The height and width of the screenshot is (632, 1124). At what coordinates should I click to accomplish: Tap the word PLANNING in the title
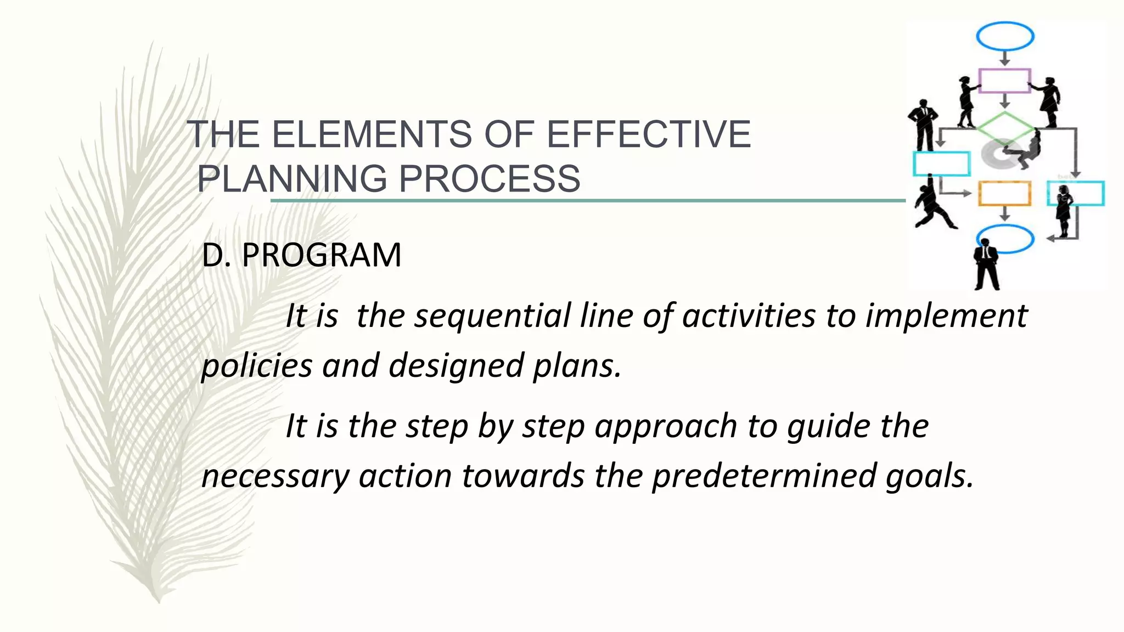click(292, 179)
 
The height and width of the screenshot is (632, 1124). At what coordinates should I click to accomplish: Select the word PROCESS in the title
click(489, 179)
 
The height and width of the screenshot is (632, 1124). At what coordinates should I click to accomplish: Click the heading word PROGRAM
click(321, 255)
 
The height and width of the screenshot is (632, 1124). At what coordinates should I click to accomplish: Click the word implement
click(946, 317)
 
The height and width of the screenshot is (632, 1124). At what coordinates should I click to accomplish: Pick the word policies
click(256, 366)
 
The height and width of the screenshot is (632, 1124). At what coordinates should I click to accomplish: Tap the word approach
click(665, 426)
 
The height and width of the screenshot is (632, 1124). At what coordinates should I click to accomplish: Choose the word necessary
click(275, 476)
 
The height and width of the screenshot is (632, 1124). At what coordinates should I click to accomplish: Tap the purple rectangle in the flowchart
click(1004, 81)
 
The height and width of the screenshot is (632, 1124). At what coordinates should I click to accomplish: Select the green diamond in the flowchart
click(1005, 128)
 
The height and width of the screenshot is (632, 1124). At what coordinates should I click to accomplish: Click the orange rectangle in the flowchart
click(1004, 194)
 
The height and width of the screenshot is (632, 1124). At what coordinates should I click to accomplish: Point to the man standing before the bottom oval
click(986, 264)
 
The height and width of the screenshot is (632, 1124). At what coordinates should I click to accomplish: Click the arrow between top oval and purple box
click(1005, 58)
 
